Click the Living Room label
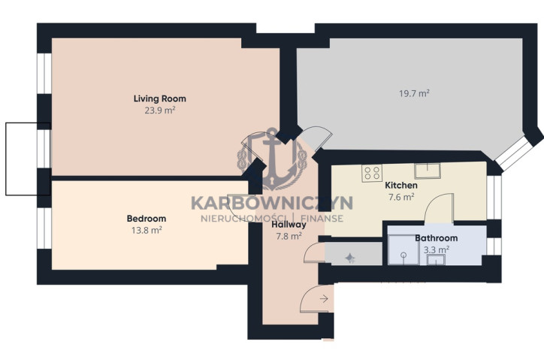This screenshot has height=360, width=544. [160, 98]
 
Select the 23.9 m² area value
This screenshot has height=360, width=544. [160, 110]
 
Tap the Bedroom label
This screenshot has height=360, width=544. [147, 219]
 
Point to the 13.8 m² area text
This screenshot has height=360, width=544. [147, 230]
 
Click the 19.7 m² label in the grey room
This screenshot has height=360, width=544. [414, 93]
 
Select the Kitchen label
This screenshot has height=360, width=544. [401, 186]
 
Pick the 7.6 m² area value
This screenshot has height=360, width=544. [401, 197]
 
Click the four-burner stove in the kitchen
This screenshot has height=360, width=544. [372, 173]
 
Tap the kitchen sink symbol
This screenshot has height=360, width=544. [428, 171]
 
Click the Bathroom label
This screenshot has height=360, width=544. [436, 238]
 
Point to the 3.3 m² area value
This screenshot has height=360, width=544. [437, 250]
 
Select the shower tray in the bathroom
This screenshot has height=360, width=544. [403, 250]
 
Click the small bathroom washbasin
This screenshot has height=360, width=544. [436, 260]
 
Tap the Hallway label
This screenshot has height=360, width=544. [289, 225]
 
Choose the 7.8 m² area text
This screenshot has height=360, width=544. [289, 237]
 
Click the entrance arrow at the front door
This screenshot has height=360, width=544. [324, 298]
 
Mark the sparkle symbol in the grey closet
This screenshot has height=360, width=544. [349, 258]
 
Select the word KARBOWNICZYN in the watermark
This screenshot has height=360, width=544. [272, 203]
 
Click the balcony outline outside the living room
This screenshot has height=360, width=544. [6, 159]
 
